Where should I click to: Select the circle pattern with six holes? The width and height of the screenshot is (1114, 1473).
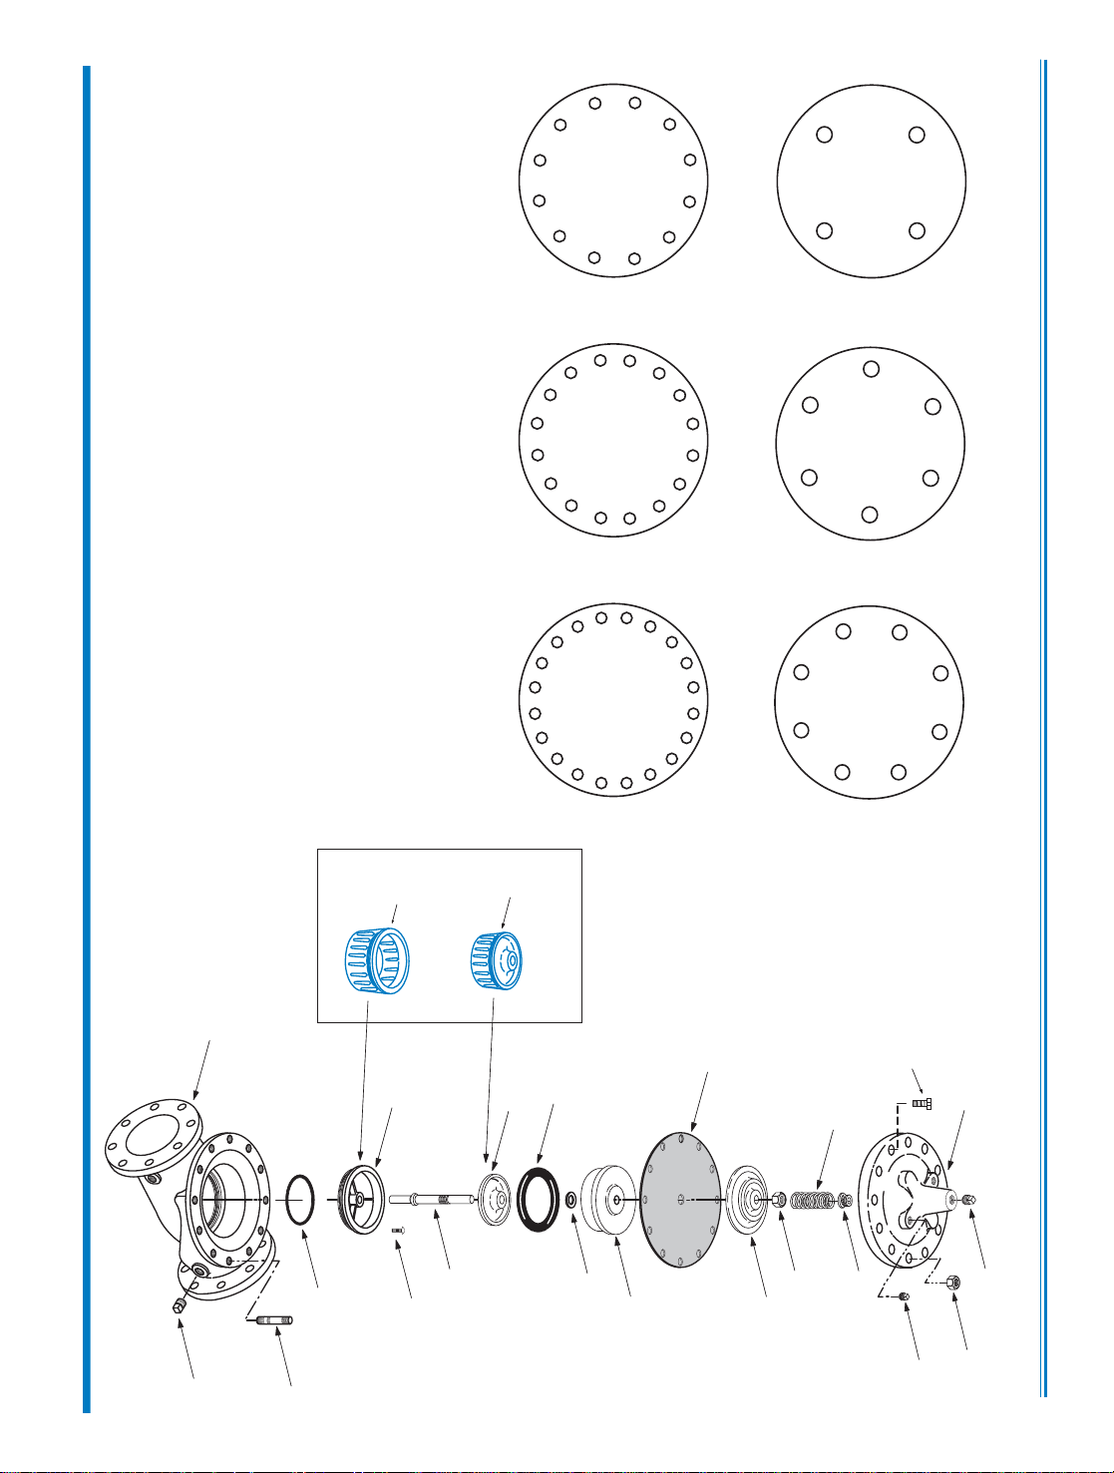[871, 443]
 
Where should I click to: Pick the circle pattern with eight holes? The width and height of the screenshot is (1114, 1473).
[870, 702]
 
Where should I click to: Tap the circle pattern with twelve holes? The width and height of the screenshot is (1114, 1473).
[613, 182]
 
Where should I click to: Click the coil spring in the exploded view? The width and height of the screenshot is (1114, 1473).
[812, 1199]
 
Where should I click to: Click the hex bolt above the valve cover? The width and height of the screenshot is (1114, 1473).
[921, 1104]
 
